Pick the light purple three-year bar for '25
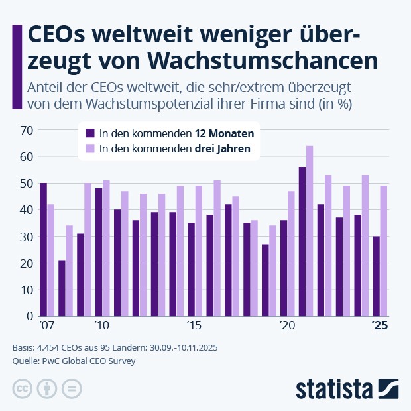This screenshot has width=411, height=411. point(384,251)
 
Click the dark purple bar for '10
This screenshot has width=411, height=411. point(99,252)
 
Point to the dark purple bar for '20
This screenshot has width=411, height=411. point(284,268)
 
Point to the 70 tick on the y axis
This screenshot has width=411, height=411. point(26,130)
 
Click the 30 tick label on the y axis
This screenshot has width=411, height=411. point(26,237)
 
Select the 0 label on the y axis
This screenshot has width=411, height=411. point(29,316)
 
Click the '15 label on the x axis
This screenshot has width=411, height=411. point(194,325)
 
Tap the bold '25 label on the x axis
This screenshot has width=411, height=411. point(380,325)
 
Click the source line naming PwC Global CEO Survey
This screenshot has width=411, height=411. point(74,361)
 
